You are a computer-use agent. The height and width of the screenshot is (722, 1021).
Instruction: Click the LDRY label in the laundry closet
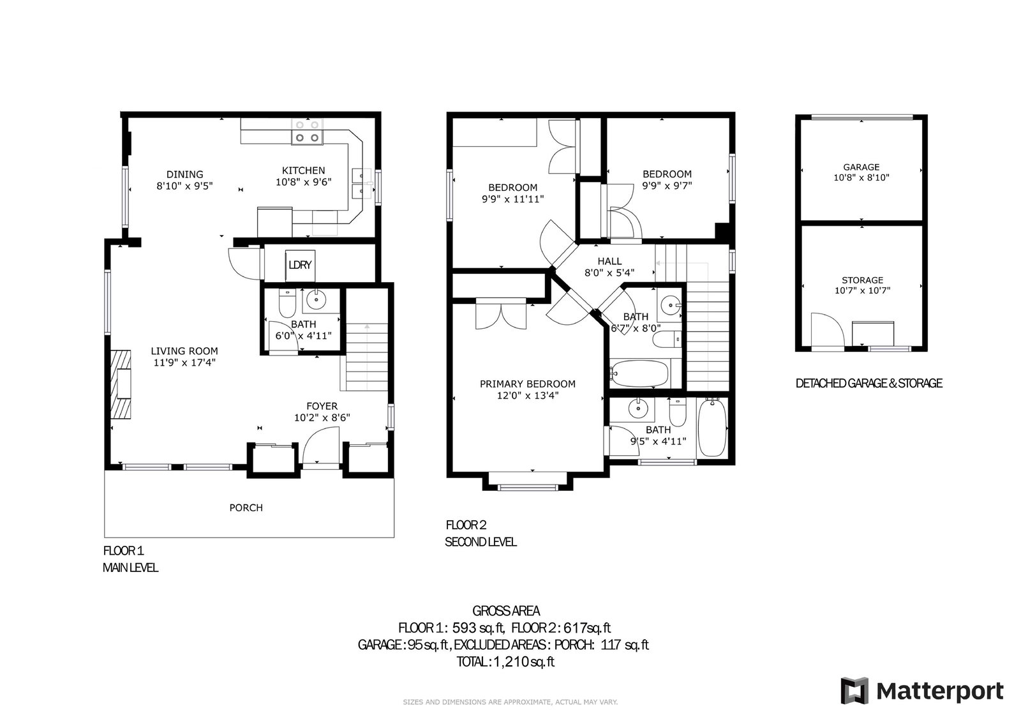tap(300, 265)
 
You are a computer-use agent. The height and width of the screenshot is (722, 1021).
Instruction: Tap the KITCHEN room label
tap(303, 170)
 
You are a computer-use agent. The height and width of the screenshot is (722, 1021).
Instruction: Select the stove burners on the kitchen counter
tap(307, 132)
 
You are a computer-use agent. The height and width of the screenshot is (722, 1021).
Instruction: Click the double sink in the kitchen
tap(363, 184)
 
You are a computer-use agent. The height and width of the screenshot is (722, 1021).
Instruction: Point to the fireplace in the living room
tap(121, 384)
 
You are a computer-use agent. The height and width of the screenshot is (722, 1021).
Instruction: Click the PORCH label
tap(246, 508)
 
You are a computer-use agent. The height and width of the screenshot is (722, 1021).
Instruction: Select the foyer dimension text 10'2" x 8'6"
tap(322, 417)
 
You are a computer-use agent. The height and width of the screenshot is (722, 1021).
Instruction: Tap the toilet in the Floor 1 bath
tap(287, 303)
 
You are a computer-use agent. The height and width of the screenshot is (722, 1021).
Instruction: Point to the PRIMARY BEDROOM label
tap(527, 384)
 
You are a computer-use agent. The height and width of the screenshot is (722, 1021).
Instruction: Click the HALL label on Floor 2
tap(609, 261)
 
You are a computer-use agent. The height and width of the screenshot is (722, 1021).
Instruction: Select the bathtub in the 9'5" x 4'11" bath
tap(712, 427)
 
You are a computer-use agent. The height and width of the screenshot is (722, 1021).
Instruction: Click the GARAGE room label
tap(861, 167)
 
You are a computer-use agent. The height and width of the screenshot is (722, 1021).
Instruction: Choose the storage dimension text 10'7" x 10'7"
tap(862, 290)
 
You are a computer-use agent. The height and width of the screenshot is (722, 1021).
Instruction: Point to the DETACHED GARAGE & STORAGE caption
tap(868, 383)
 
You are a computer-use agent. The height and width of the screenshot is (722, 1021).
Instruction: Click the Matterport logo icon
tap(854, 691)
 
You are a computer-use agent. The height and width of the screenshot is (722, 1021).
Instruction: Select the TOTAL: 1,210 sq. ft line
tap(505, 662)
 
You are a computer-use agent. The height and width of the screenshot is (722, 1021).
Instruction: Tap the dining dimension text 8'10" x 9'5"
tap(184, 186)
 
